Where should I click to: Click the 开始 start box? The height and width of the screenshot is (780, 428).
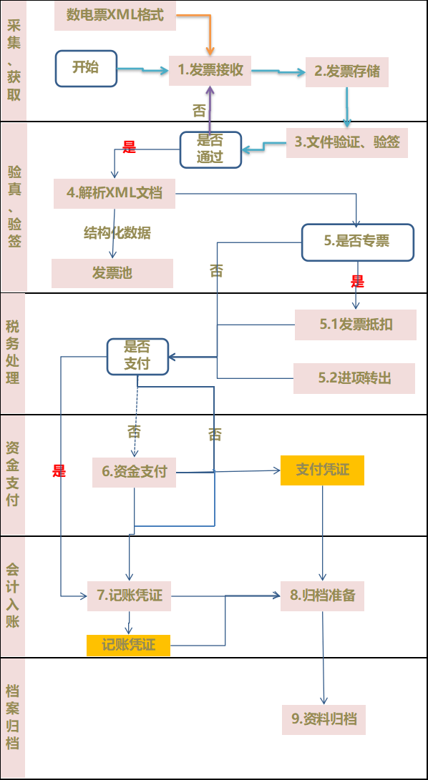tap(86, 68)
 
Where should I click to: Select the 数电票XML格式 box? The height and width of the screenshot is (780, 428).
tap(114, 15)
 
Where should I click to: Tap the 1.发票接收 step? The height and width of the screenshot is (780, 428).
tap(210, 70)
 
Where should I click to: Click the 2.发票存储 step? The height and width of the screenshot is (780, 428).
tap(346, 71)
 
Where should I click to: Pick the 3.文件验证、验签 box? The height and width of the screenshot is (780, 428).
tap(346, 142)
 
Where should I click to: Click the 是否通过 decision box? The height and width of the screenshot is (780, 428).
tap(210, 149)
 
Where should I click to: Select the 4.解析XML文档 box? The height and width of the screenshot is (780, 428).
tap(115, 193)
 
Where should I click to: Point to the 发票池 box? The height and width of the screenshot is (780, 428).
tap(112, 272)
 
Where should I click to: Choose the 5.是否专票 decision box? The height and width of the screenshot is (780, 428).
tap(357, 242)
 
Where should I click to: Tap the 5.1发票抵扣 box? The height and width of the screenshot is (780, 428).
tap(355, 325)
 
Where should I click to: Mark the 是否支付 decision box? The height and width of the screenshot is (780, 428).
tap(137, 356)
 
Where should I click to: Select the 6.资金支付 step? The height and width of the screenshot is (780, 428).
tap(134, 472)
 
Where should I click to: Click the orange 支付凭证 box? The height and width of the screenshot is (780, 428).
tap(322, 470)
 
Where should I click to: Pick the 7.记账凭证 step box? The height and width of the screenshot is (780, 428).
tap(130, 596)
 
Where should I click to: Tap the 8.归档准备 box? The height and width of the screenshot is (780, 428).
tap(322, 595)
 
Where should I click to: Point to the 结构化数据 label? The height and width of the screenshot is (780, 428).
tap(117, 233)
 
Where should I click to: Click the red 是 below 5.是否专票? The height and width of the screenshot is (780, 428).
tap(358, 282)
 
